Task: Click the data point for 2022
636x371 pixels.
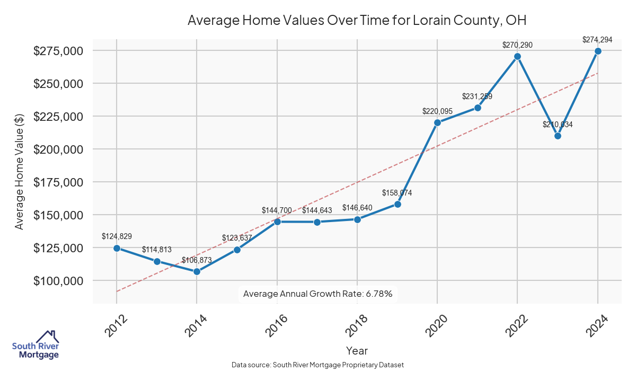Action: (518, 56)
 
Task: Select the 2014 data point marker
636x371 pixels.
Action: (197, 271)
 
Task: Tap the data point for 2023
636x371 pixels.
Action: (558, 136)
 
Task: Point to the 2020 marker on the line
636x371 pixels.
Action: (437, 122)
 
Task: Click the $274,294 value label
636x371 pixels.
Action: (597, 40)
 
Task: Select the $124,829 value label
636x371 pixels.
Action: (117, 236)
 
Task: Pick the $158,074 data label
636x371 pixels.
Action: (397, 193)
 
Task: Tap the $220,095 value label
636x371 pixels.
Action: (437, 111)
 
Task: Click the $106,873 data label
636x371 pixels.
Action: (197, 260)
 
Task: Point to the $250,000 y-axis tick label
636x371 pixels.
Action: (58, 84)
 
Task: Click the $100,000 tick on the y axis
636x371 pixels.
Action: (58, 281)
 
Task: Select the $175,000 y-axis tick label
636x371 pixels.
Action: (58, 182)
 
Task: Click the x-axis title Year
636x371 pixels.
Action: (357, 350)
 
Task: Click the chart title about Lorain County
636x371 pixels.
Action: (357, 21)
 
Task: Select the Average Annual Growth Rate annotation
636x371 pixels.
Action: (317, 294)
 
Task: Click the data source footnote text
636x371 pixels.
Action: (318, 365)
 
